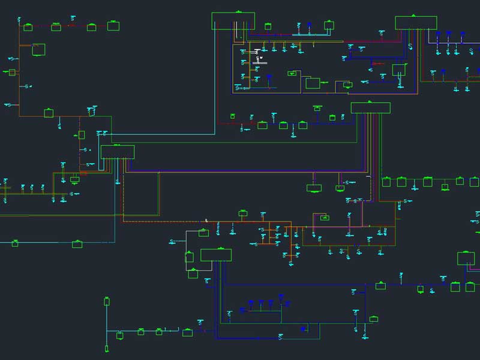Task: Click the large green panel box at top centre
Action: (233, 21)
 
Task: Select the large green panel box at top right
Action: (416, 23)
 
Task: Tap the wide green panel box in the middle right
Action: (370, 108)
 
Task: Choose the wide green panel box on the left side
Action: (118, 152)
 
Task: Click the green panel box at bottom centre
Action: (215, 255)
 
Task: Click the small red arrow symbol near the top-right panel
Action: (373, 63)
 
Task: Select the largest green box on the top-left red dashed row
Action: (113, 26)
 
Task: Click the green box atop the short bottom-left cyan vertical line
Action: (107, 301)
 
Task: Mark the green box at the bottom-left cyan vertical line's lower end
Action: (107, 348)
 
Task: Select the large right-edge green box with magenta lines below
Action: (466, 259)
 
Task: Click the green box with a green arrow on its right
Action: (313, 83)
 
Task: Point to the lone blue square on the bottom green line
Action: (303, 329)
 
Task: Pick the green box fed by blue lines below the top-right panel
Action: (399, 70)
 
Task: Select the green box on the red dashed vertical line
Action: (82, 135)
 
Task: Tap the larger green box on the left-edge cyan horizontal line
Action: (77, 244)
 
